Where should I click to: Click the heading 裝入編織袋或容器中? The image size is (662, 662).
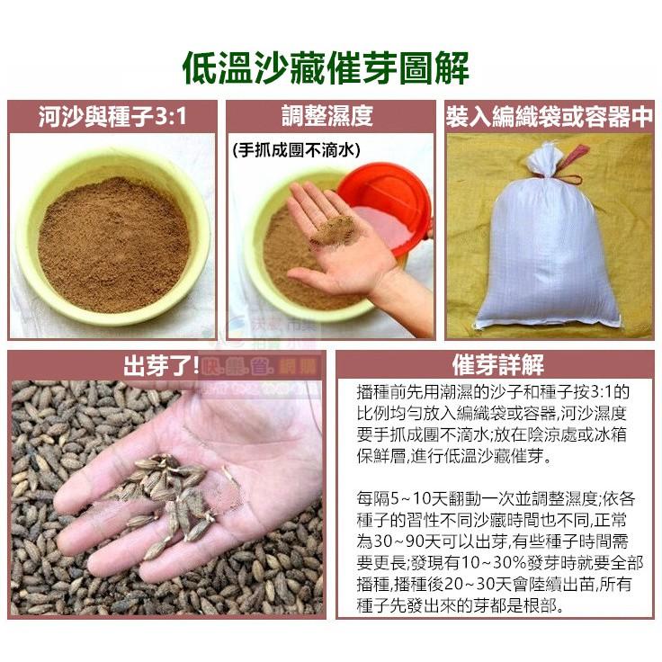click(x=549, y=116)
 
